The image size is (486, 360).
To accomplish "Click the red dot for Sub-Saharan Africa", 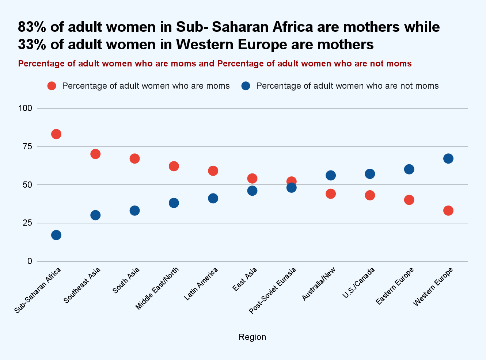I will pos(56,134).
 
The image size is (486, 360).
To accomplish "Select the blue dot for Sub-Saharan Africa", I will pos(56,235).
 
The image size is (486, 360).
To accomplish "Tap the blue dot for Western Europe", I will pos(448,158).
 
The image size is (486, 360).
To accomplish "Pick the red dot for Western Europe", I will pos(448,211).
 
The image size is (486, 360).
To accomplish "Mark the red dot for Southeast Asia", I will pos(95,154).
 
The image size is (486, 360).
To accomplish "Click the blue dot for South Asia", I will pos(134,211).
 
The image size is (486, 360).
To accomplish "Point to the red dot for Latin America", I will pos(213,171).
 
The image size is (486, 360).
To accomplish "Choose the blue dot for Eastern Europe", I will pos(409,169).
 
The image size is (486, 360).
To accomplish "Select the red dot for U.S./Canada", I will pos(370,195).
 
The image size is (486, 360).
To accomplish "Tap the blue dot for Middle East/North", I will pos(174,203).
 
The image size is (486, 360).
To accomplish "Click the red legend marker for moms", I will pos(52,86).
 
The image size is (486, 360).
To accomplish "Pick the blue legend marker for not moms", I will pos(246,86).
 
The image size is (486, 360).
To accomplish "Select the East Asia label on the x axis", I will pos(245,280).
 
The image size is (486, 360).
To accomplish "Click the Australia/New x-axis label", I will pos(319,284).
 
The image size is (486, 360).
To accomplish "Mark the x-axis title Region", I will pos(252,337).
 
